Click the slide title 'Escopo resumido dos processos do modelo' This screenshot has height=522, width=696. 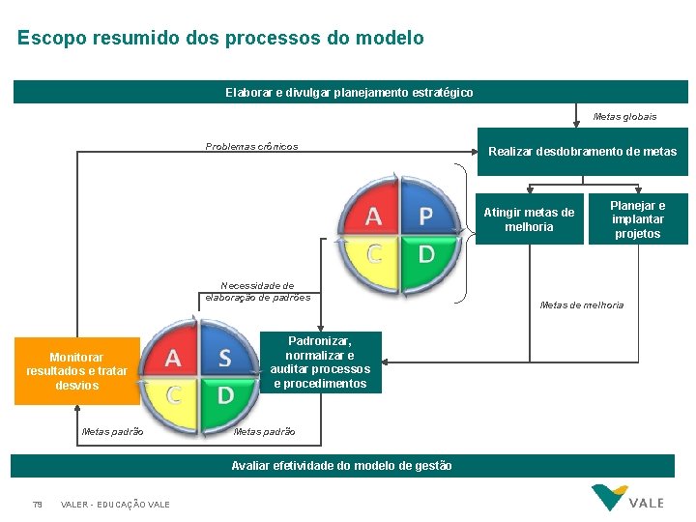(220, 39)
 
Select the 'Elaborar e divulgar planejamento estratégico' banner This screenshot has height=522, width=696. (350, 92)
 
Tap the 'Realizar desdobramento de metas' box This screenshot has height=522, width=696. (582, 152)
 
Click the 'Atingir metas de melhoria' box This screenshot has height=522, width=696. (529, 219)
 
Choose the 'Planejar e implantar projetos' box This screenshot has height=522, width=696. (638, 219)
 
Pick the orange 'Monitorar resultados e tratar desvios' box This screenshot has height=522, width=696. (76, 371)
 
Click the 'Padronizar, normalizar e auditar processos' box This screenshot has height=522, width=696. (320, 362)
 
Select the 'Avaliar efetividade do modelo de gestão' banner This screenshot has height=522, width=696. (341, 465)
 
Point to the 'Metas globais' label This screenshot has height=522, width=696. (624, 117)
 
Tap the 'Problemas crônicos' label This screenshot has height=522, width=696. (251, 147)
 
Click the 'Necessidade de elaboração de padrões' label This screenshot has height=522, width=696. (257, 292)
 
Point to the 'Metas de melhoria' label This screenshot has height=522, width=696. (582, 305)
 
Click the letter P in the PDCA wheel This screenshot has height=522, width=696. (425, 216)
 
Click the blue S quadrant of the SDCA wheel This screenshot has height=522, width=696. (224, 359)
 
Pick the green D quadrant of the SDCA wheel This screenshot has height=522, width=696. (224, 395)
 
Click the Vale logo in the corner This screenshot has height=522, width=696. (627, 498)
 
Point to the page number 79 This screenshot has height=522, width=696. (37, 505)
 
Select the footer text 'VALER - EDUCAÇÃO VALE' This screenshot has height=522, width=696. (115, 505)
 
